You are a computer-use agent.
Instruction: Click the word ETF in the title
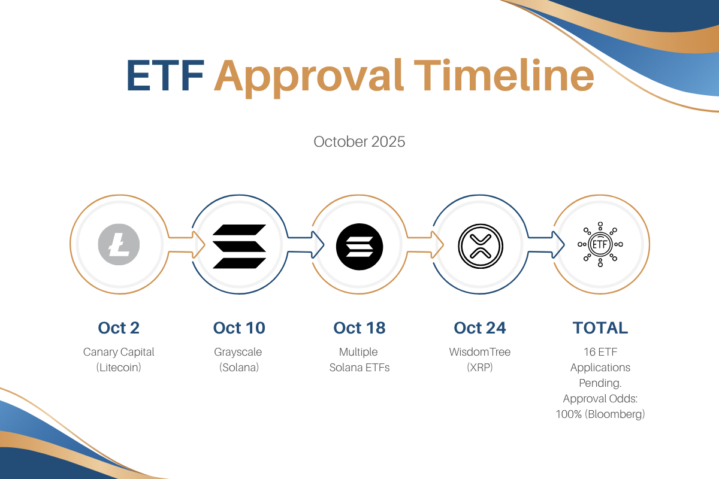pos(165,75)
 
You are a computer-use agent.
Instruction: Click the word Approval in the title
pos(309,78)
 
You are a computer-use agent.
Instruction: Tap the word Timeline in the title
pos(504,75)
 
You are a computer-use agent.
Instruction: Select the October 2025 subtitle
pos(359,142)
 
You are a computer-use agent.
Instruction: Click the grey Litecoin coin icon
pos(119,244)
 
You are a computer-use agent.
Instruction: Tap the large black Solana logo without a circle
pos(239,246)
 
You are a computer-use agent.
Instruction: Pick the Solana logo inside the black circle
pos(359,247)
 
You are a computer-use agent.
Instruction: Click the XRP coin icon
pos(480,246)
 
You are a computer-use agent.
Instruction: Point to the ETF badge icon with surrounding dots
pos(600,244)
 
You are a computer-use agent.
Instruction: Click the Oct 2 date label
pos(119,328)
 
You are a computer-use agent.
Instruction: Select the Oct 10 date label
pos(239,328)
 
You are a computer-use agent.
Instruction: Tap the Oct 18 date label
pos(359,328)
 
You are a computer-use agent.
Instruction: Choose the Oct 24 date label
pos(480,328)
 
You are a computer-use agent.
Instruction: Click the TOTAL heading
pos(600,328)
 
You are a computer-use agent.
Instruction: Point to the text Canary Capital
pos(119,352)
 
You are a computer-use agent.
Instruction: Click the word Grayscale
pos(238,352)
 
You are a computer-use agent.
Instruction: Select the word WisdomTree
pos(480,352)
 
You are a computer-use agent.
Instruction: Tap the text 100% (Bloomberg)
pos(600,414)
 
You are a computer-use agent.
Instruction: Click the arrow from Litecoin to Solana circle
pos(186,244)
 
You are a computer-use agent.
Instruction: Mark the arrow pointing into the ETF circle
pos(546,244)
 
